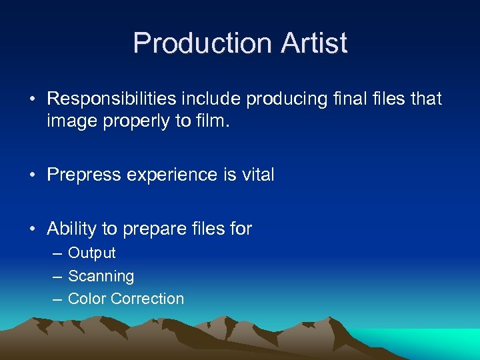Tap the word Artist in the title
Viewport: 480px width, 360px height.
click(314, 43)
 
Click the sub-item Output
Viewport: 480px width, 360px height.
click(92, 253)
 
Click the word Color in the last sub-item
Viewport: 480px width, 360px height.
click(87, 299)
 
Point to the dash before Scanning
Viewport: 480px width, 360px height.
click(57, 277)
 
